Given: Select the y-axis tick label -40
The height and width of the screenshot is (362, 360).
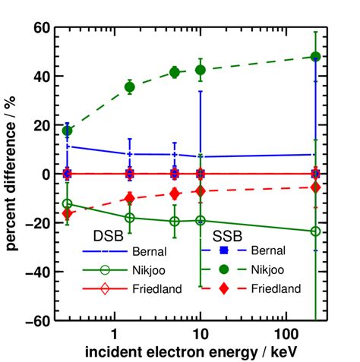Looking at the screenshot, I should tap(36, 272).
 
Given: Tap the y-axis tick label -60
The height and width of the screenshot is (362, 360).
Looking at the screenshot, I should tap(36, 320).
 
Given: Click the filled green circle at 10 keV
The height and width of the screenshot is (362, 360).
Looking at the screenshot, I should tap(201, 70).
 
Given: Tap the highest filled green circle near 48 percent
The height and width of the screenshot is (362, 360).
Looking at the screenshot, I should tap(315, 57).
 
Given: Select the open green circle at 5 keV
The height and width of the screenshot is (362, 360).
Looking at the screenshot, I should tap(175, 221).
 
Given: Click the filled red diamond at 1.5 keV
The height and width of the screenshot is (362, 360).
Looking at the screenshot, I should tap(130, 198).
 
